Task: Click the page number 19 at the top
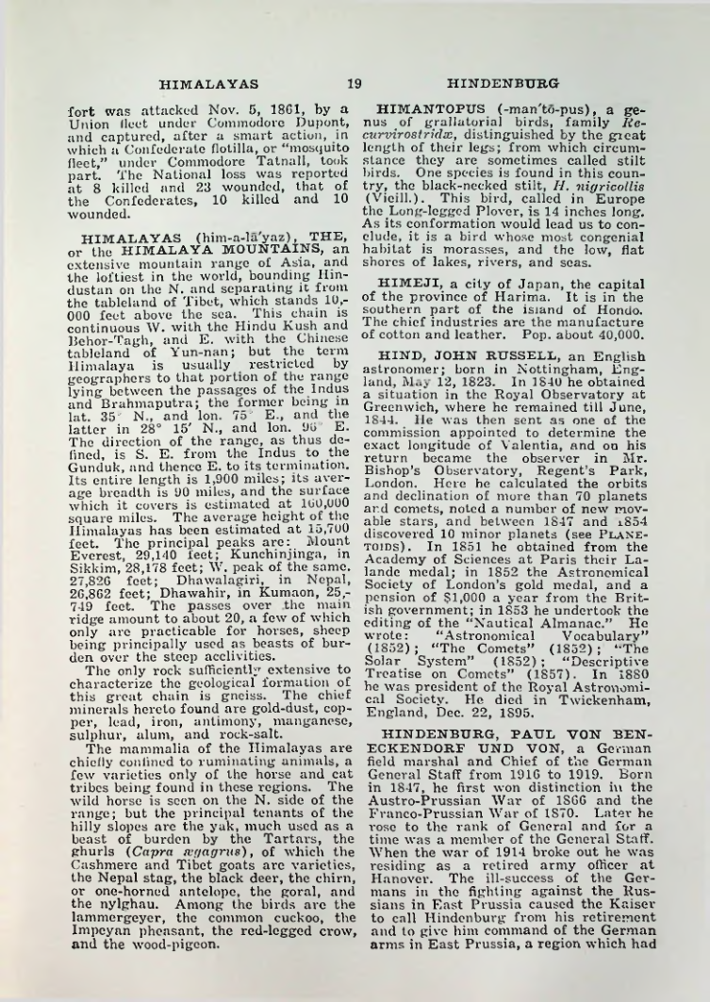click(355, 83)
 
